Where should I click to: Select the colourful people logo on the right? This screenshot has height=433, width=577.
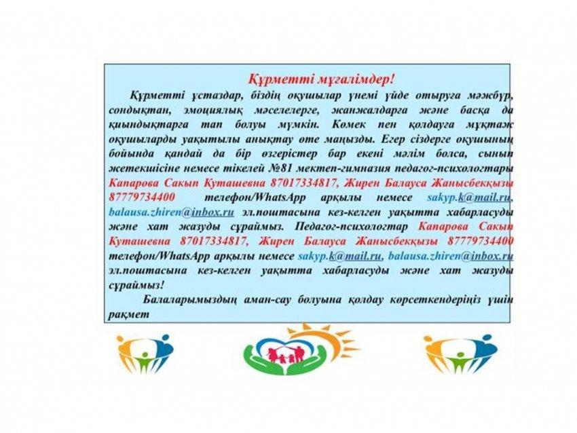click(451, 354)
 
